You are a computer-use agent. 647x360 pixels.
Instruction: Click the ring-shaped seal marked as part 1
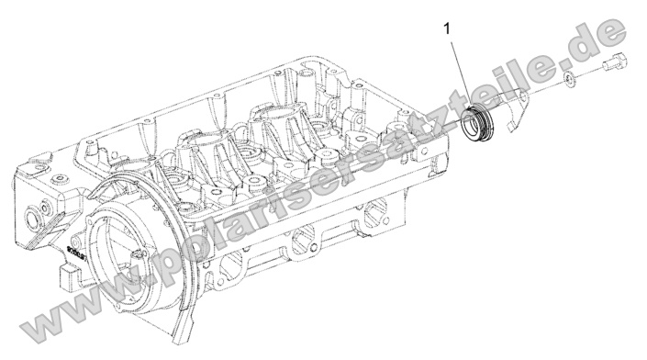(x=477, y=124)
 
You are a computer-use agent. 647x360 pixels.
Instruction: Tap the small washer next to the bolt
(x=571, y=80)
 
